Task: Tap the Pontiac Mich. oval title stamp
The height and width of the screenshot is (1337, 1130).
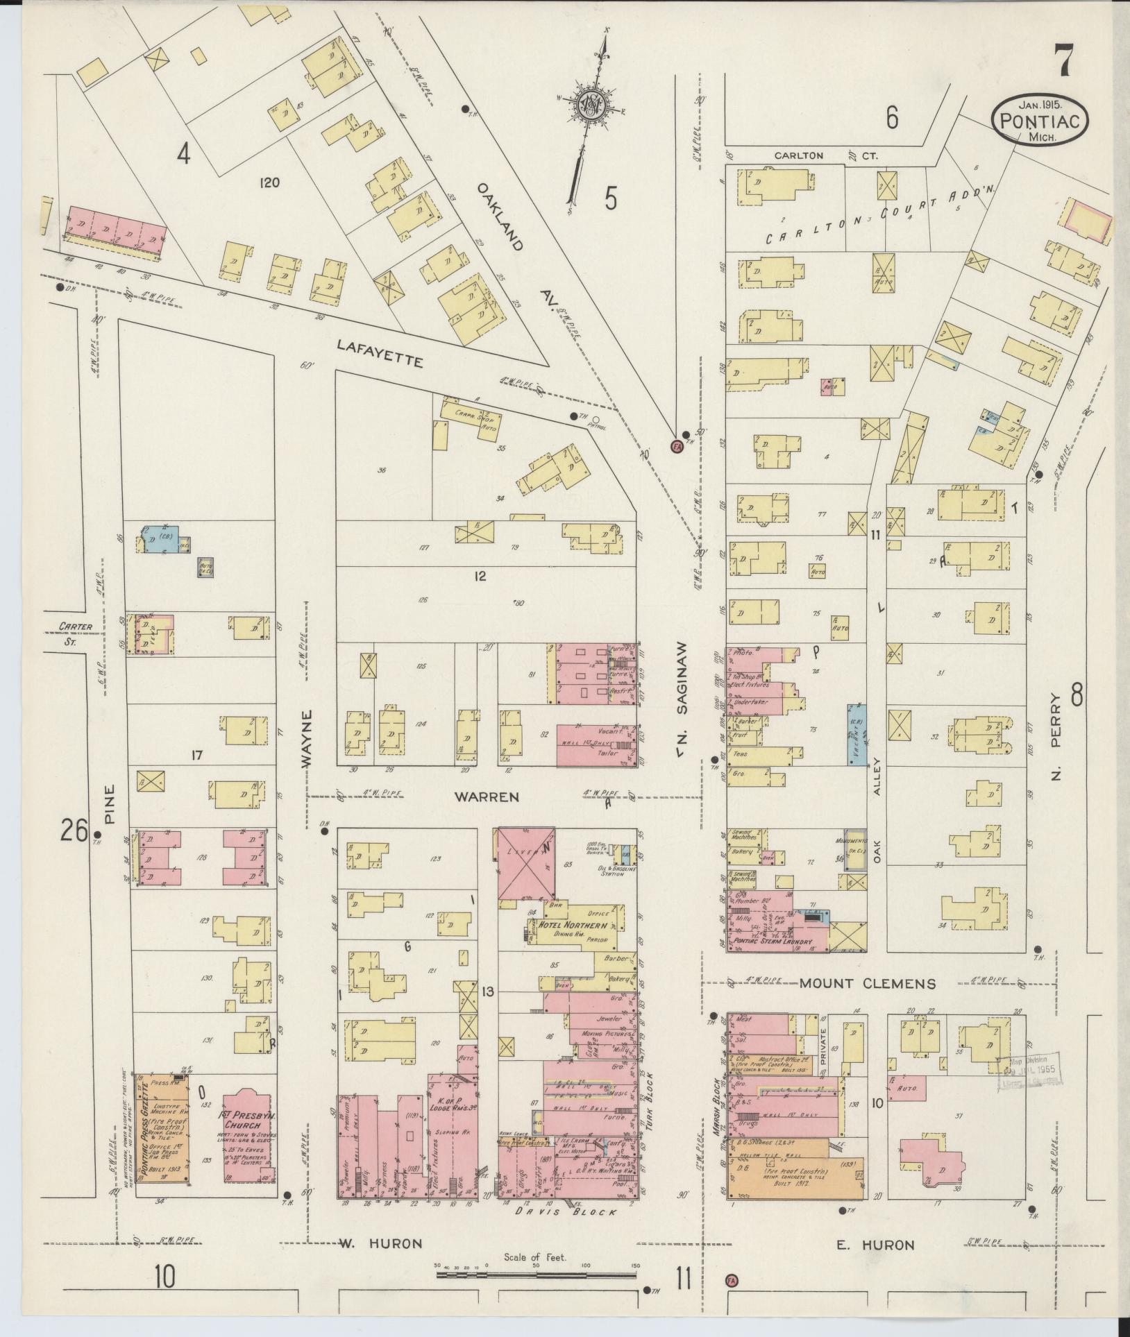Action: point(1039,120)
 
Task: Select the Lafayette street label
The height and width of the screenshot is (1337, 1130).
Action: point(380,352)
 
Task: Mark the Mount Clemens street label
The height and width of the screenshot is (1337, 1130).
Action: point(867,983)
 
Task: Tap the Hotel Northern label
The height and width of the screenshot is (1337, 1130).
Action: point(573,926)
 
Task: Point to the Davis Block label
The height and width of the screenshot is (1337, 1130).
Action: point(566,1213)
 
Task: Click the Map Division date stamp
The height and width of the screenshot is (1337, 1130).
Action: point(1030,1089)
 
